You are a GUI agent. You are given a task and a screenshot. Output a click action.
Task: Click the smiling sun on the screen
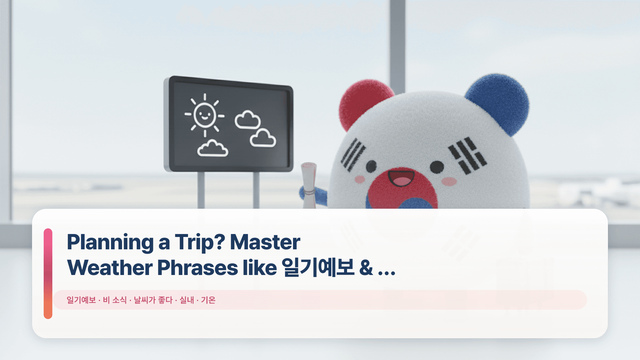click(x=204, y=115)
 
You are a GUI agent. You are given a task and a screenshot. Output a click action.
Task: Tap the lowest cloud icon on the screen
click(x=213, y=149)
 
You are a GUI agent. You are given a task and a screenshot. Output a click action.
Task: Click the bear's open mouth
click(x=401, y=178)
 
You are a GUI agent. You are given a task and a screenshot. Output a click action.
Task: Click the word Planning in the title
click(x=110, y=242)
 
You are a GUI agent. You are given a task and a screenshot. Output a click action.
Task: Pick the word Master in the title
click(x=265, y=242)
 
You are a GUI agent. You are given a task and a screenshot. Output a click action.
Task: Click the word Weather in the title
click(x=110, y=268)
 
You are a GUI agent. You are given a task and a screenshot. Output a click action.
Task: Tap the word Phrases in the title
click(x=197, y=268)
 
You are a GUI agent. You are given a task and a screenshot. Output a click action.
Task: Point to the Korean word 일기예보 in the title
click(x=318, y=268)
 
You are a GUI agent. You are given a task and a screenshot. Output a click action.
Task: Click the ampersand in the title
click(x=366, y=268)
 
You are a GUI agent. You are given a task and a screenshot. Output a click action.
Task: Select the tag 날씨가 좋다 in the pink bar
click(x=153, y=300)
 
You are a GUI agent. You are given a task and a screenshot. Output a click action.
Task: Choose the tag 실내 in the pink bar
click(x=187, y=300)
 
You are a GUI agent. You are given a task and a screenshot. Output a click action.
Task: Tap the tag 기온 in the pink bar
click(x=208, y=300)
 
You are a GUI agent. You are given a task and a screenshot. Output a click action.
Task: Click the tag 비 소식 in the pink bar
click(x=115, y=300)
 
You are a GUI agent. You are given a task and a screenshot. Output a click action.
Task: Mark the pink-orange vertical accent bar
click(x=48, y=273)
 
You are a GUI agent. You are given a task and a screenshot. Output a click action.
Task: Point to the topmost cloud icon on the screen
click(x=247, y=120)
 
